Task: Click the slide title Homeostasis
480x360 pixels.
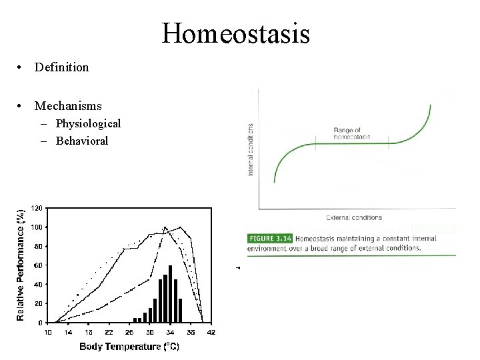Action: click(x=235, y=33)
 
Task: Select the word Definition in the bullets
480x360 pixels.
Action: click(x=61, y=67)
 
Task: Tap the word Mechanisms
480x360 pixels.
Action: click(x=68, y=106)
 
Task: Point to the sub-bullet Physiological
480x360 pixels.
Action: click(x=88, y=123)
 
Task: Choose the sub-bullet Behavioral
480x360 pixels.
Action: click(x=82, y=141)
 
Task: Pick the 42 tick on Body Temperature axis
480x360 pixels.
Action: click(x=211, y=332)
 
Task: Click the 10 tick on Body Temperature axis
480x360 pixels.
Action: click(x=48, y=332)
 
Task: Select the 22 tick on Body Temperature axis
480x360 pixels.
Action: click(x=109, y=332)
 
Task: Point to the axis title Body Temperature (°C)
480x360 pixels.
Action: click(x=129, y=346)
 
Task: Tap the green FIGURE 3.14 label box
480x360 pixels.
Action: click(x=270, y=238)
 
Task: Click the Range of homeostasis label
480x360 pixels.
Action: click(x=351, y=133)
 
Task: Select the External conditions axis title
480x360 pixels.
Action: click(x=354, y=217)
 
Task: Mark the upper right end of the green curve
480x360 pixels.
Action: click(x=431, y=105)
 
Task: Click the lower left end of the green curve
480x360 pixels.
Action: click(x=275, y=181)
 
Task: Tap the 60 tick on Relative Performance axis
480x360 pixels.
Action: click(x=39, y=265)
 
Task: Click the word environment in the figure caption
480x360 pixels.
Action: click(x=271, y=248)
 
